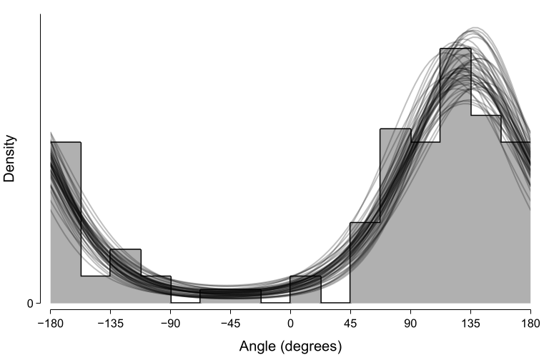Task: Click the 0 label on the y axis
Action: [30, 304]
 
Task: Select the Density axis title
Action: [10, 158]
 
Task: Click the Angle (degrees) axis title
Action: [290, 346]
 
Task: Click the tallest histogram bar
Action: [455, 179]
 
